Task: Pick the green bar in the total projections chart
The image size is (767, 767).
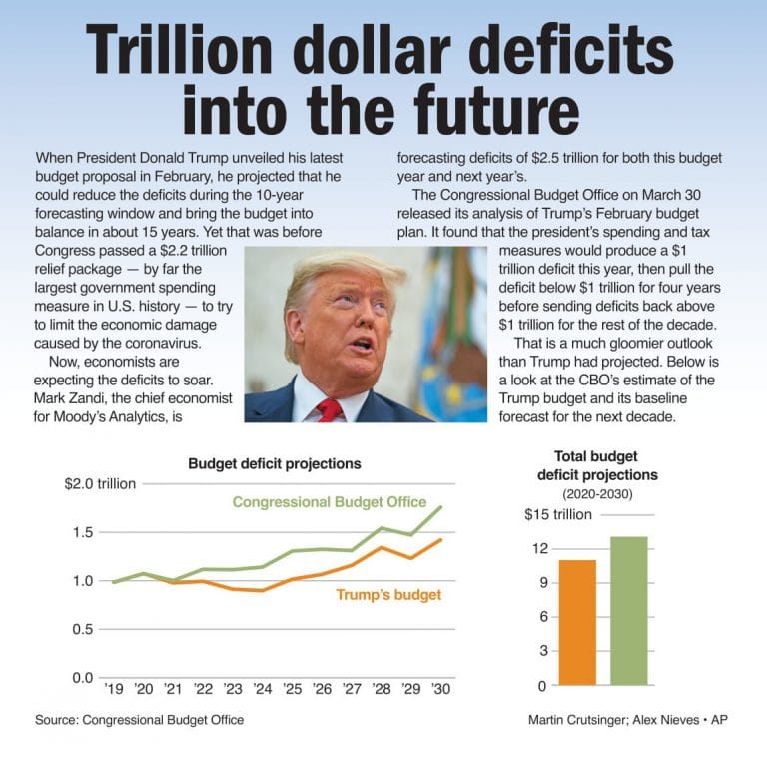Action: pyautogui.click(x=628, y=611)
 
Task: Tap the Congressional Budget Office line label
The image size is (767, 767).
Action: pyautogui.click(x=329, y=502)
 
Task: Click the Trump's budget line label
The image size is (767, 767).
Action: pyautogui.click(x=387, y=595)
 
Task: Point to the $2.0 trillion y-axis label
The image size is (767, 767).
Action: pyautogui.click(x=99, y=484)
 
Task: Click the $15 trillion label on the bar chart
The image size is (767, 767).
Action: pyautogui.click(x=558, y=515)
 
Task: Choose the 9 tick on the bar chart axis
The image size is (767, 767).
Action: pyautogui.click(x=540, y=582)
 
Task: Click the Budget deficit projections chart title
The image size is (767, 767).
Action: pyautogui.click(x=275, y=464)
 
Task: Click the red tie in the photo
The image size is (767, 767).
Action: pyautogui.click(x=330, y=409)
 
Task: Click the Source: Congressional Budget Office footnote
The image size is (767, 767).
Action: pyautogui.click(x=139, y=720)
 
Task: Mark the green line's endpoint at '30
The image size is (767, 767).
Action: pyautogui.click(x=440, y=507)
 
